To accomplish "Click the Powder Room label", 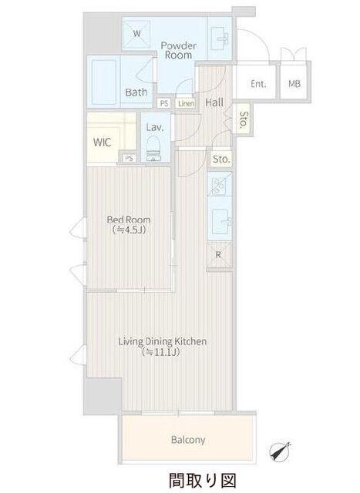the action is (x=178, y=50).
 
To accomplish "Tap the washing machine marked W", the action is (x=136, y=33).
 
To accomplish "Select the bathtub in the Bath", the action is (x=104, y=82).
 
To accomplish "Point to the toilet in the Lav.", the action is (x=154, y=149).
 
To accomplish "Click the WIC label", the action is (x=103, y=143).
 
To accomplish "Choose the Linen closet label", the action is (x=186, y=103).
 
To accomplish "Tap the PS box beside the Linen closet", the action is (x=164, y=103).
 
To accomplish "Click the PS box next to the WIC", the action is (x=129, y=158).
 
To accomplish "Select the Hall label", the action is (x=214, y=102).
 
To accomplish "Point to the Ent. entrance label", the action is (x=258, y=84).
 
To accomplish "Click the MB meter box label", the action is (x=294, y=84).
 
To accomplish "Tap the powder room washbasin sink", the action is (x=220, y=38).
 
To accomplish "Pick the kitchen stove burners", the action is (x=220, y=185).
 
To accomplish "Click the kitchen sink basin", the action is (x=220, y=222).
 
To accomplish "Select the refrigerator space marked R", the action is (x=219, y=255).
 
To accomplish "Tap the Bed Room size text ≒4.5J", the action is (x=129, y=230).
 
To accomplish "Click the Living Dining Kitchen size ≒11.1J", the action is (x=161, y=352).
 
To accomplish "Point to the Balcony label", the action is (x=188, y=439).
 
